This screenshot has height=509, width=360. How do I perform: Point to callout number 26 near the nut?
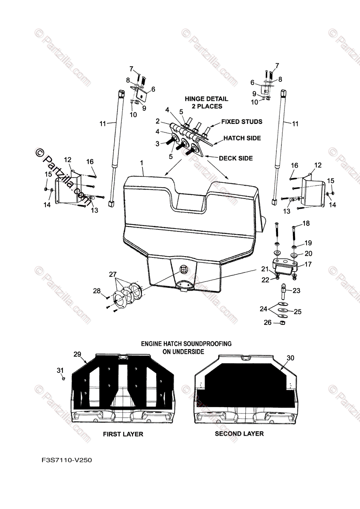tap(267, 323)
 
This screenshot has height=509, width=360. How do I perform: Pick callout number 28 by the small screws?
tap(97, 291)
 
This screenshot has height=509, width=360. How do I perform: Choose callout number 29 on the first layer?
tap(77, 354)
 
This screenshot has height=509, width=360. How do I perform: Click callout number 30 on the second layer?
tap(290, 358)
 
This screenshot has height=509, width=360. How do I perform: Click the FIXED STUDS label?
tap(242, 122)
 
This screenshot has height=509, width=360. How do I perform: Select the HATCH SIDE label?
tap(243, 138)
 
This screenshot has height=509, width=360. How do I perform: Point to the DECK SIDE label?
tap(236, 158)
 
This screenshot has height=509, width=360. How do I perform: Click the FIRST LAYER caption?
tap(123, 434)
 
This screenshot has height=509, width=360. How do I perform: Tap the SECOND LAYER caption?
tap(239, 433)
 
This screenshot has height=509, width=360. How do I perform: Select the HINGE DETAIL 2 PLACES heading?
tap(206, 102)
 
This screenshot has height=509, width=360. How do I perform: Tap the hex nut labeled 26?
tap(282, 323)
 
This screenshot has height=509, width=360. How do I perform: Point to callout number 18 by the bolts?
tap(306, 223)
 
